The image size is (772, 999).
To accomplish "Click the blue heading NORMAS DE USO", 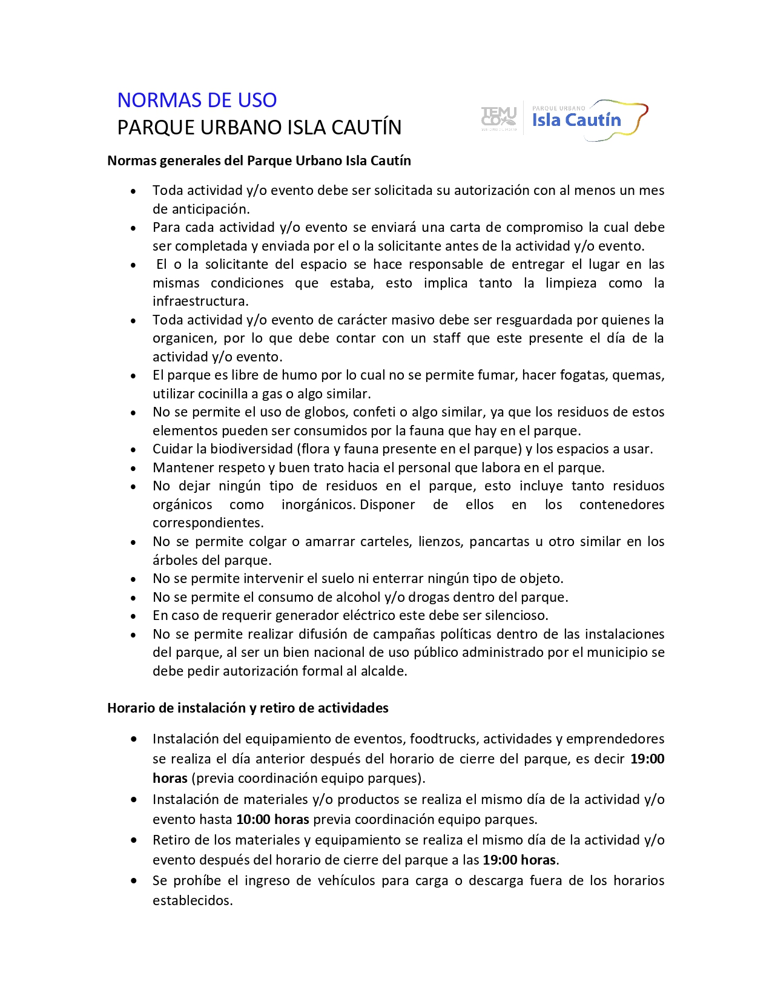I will coord(197,100).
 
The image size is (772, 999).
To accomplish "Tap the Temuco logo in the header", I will coord(498,117).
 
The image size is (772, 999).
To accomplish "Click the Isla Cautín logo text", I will coord(576,120).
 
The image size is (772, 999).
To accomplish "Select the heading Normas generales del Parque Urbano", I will coord(259,160).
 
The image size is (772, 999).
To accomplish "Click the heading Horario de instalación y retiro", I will coord(248,708).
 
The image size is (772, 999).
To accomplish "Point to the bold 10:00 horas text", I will coord(272,819).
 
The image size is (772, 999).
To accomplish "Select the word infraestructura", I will coord(199,301).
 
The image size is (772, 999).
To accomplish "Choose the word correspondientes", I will coord(208,523).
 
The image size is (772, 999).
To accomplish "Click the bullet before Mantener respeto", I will coord(133,468).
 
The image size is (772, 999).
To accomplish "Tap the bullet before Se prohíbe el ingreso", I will coord(133,881).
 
